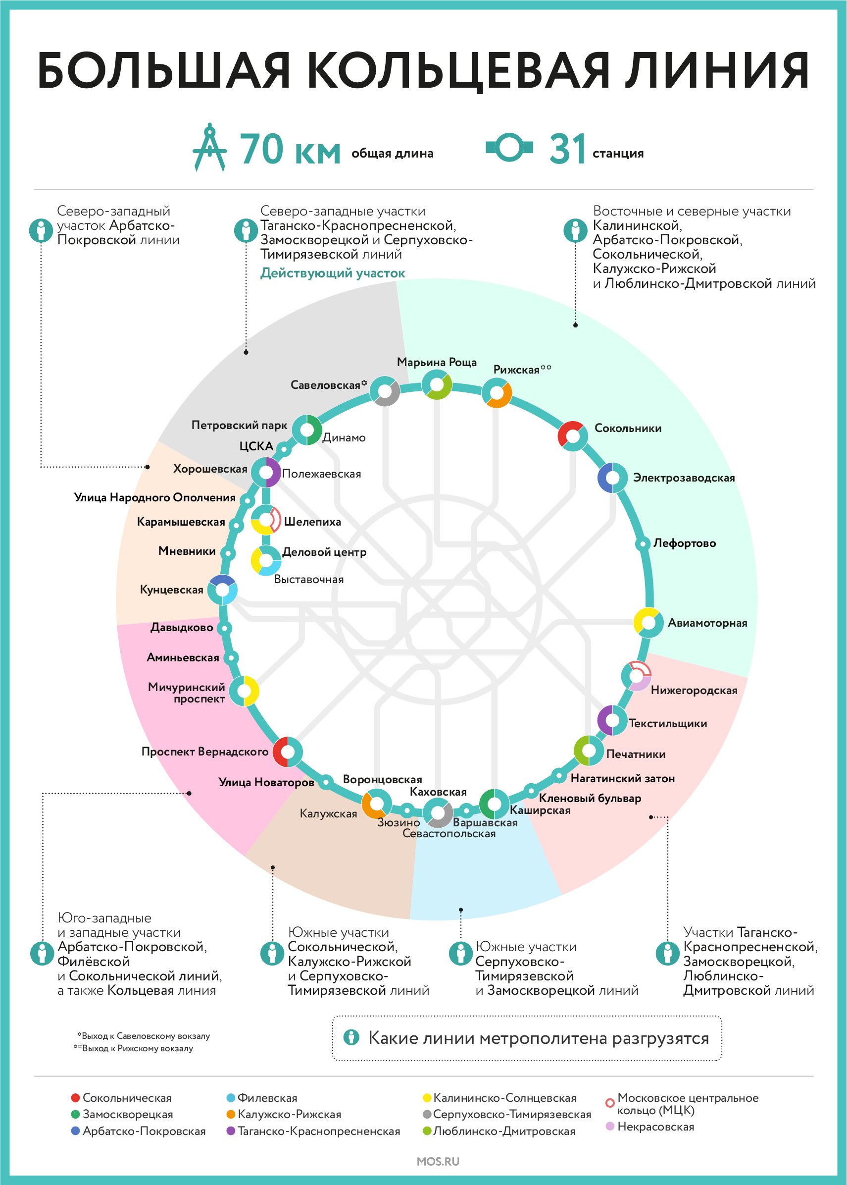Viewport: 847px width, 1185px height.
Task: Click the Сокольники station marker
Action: [x=573, y=435]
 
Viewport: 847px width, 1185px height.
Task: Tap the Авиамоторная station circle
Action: [x=648, y=623]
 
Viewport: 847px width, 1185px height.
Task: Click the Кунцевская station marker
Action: [x=223, y=590]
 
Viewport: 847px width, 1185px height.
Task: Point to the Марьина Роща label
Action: [x=437, y=362]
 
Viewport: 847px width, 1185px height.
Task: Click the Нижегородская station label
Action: [x=694, y=690]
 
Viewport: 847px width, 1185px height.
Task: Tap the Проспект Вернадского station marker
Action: [x=288, y=752]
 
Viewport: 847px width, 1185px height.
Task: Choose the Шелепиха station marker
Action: [x=266, y=520]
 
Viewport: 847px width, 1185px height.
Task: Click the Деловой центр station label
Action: [x=324, y=552]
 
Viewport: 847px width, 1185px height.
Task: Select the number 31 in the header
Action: [x=567, y=149]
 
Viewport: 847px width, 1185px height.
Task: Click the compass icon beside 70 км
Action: [x=210, y=147]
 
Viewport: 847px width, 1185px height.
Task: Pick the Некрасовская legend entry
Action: [x=650, y=1127]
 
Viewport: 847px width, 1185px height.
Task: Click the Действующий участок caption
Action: [x=333, y=273]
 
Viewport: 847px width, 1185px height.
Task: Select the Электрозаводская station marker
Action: [x=612, y=478]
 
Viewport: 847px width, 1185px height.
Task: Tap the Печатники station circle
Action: [x=589, y=751]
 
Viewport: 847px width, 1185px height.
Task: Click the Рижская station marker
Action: [x=497, y=393]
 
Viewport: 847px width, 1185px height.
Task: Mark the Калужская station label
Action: [x=328, y=813]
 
